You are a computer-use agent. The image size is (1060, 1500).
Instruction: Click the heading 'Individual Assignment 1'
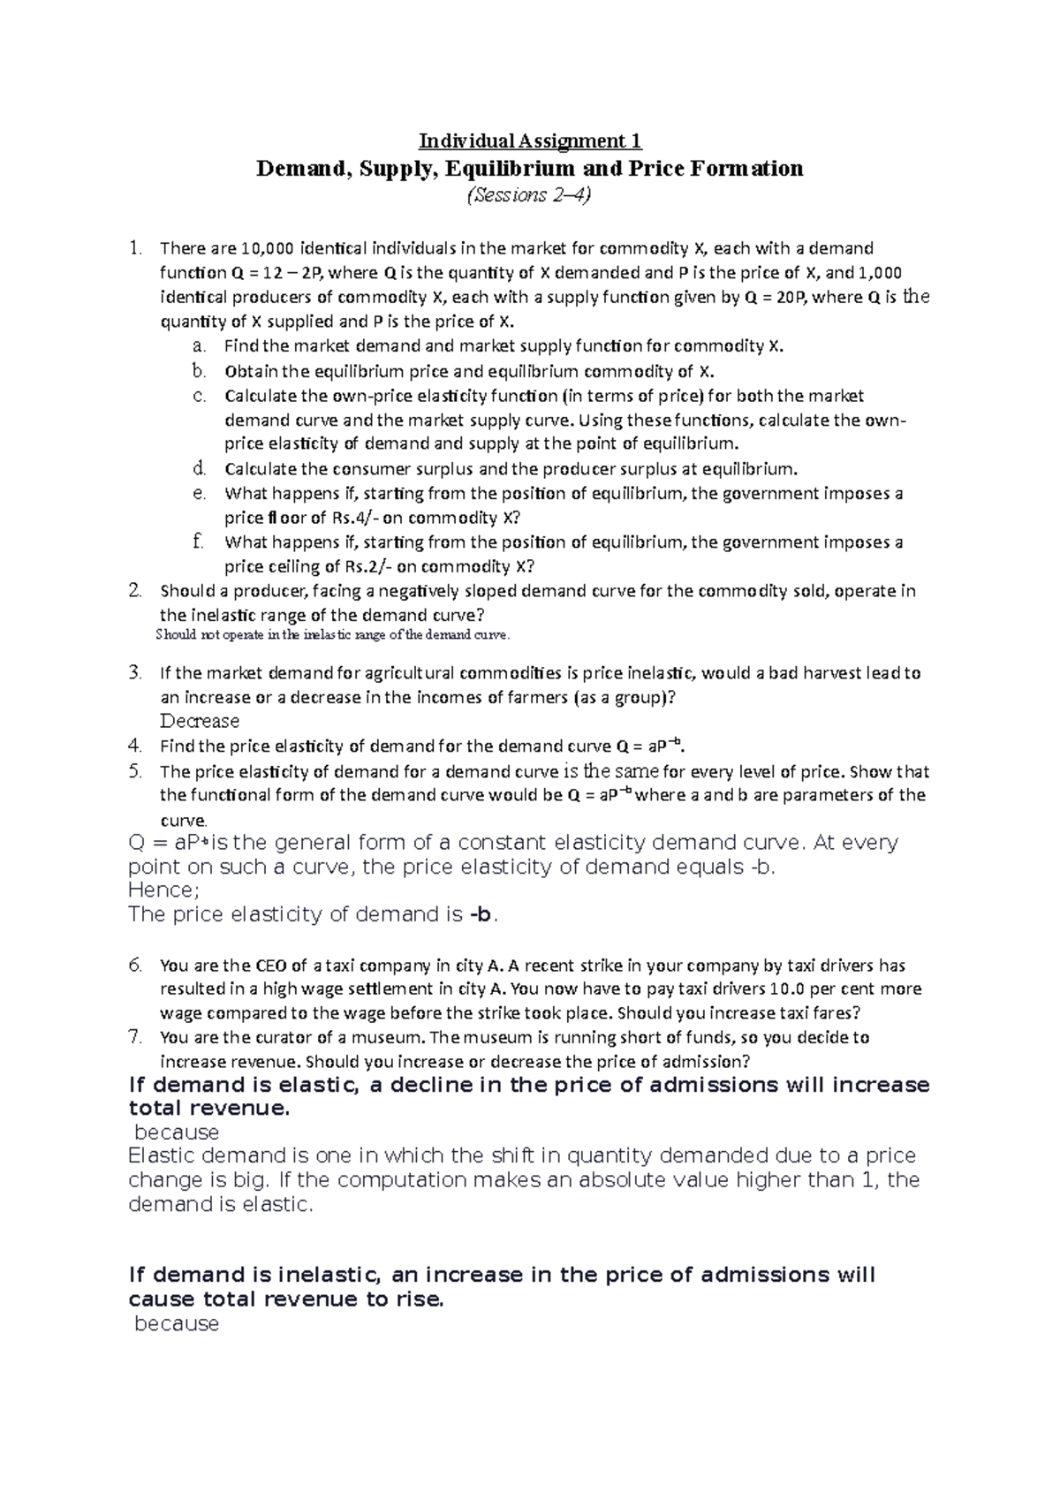(x=530, y=141)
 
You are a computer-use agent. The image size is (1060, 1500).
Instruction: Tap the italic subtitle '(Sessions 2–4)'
(x=529, y=195)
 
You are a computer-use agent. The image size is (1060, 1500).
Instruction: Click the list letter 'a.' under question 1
(x=199, y=346)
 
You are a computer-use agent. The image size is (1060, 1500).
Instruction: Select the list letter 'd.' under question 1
(x=199, y=468)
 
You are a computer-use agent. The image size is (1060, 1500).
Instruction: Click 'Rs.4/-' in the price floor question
(x=354, y=518)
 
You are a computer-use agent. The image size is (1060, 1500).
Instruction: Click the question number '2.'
(x=134, y=590)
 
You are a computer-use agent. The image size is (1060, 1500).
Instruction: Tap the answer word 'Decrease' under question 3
(x=200, y=721)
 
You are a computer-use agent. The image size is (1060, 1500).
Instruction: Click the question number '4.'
(x=134, y=745)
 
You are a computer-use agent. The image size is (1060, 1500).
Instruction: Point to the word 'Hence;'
(x=164, y=890)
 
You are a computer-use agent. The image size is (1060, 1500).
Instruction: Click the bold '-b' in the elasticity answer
(x=480, y=914)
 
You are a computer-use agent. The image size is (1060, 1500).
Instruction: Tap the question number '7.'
(x=134, y=1037)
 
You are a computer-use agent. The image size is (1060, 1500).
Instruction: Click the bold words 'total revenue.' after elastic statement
(x=208, y=1109)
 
